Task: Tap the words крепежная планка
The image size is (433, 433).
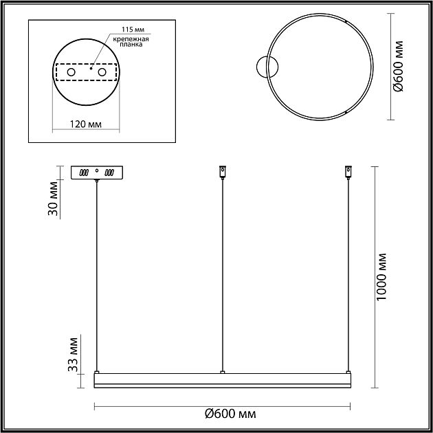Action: point(131,42)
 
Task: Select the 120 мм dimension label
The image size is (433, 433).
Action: point(85,124)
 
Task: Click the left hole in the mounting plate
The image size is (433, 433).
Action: point(71,72)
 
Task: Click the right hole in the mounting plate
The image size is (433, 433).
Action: point(102,72)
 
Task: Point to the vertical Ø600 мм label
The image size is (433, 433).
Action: point(398,66)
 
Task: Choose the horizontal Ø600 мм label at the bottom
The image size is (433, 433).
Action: point(230,414)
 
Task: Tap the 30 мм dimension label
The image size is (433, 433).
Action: point(53,198)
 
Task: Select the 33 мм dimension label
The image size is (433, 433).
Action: point(73,355)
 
